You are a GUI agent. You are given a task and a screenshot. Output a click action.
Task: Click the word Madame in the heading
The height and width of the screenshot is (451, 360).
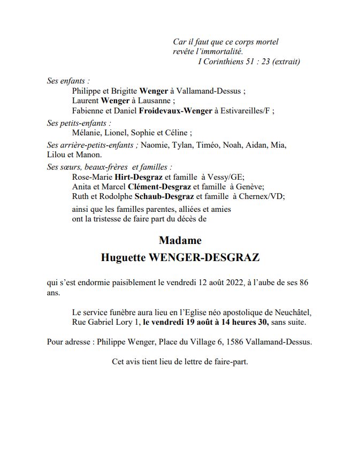[x=180, y=240]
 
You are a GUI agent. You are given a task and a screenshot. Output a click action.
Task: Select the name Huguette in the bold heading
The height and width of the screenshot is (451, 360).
[x=122, y=257]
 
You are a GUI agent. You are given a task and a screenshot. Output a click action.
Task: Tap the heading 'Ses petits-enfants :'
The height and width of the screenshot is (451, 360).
[x=79, y=123]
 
